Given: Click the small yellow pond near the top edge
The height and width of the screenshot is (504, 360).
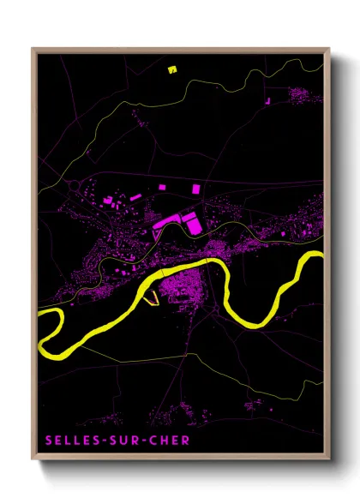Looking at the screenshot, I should (171, 69).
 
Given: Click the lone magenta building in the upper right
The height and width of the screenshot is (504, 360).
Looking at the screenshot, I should (267, 101).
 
